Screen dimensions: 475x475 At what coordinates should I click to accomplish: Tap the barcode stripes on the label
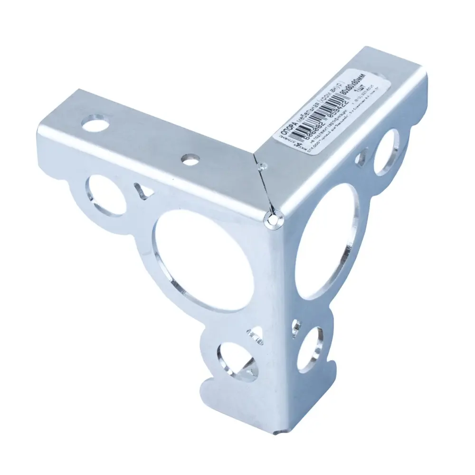(323, 114)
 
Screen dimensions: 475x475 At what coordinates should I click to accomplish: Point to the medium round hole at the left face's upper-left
(105, 195)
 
